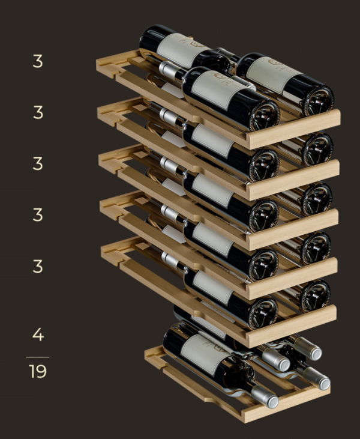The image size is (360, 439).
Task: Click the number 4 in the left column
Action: (38, 335)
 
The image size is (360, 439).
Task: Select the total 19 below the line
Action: (37, 371)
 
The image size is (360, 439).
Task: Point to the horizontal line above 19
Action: (37, 357)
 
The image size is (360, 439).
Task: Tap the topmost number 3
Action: (38, 61)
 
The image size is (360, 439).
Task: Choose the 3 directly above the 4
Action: (38, 266)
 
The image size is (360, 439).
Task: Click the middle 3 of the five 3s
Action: (38, 164)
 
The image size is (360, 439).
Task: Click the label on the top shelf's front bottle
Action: (218, 89)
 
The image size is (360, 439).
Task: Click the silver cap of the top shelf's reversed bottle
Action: (169, 70)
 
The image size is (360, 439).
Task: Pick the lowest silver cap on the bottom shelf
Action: (265, 396)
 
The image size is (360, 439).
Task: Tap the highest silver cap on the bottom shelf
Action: (308, 349)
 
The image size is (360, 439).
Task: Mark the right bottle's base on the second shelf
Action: (318, 149)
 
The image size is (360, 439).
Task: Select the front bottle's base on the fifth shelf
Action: (263, 313)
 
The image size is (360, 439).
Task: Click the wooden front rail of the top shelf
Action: (294, 129)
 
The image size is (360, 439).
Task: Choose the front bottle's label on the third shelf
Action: (213, 190)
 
